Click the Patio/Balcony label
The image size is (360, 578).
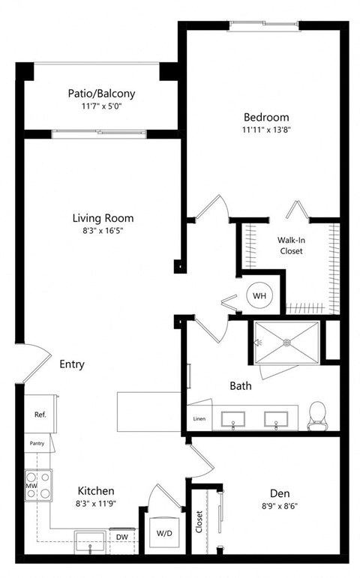click(101, 94)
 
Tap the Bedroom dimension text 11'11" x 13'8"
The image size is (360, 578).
click(265, 130)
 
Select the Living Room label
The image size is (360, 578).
click(103, 218)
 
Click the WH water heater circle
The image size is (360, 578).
click(259, 296)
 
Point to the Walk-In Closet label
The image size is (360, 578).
click(291, 245)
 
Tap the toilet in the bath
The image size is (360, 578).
click(317, 416)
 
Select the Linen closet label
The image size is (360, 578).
click(199, 418)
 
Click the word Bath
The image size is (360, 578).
click(240, 387)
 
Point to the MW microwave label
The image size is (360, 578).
click(31, 485)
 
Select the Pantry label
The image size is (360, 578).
click(37, 443)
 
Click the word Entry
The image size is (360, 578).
click(72, 364)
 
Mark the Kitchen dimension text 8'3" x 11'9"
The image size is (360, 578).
click(96, 504)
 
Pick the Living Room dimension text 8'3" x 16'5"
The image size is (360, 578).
click(103, 231)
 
